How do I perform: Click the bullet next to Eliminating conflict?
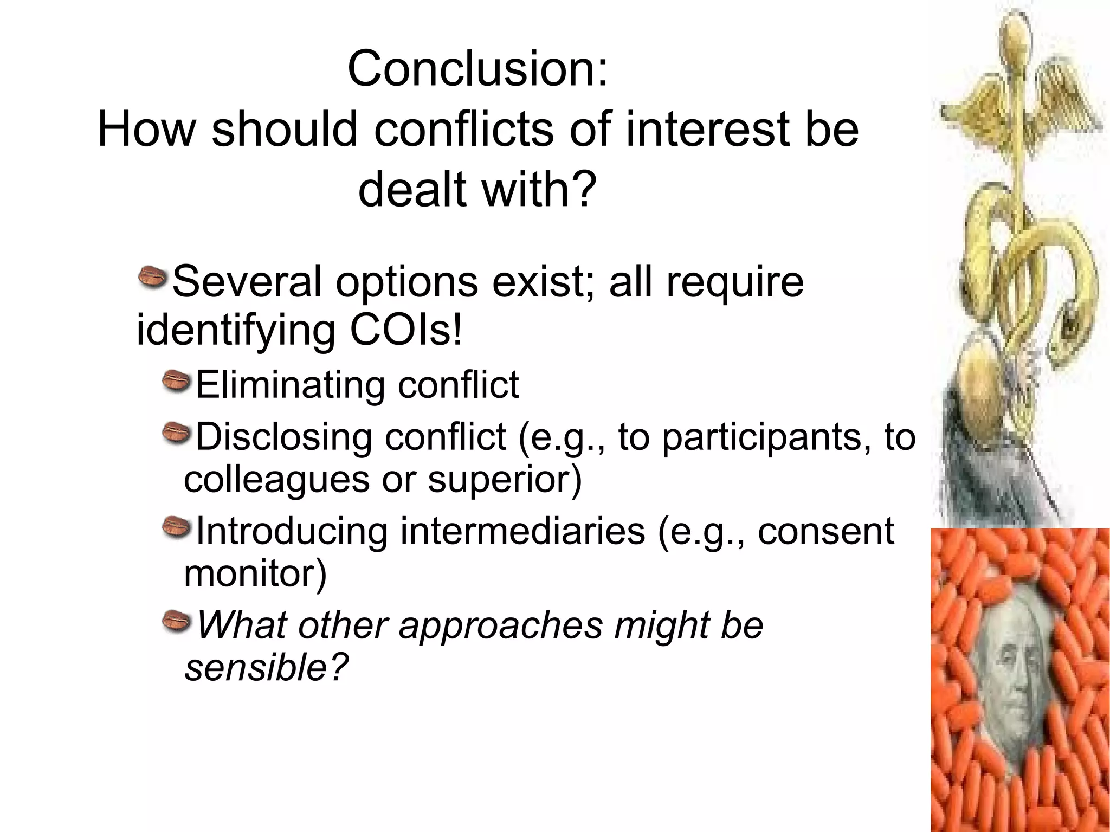pyautogui.click(x=176, y=380)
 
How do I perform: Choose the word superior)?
pyautogui.click(x=504, y=479)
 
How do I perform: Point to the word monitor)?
pyautogui.click(x=255, y=573)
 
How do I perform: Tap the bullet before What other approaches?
pyautogui.click(x=176, y=621)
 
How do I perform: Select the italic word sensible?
pyautogui.click(x=266, y=667)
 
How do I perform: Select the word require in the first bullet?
pyautogui.click(x=734, y=281)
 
